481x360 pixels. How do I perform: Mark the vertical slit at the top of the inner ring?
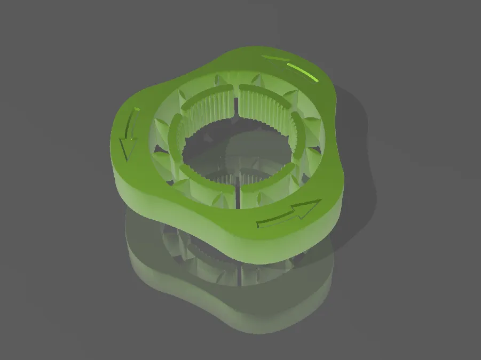click(236, 101)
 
